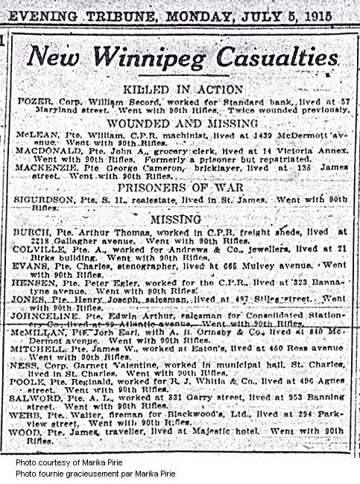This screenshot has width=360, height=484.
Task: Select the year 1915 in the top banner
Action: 315,14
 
